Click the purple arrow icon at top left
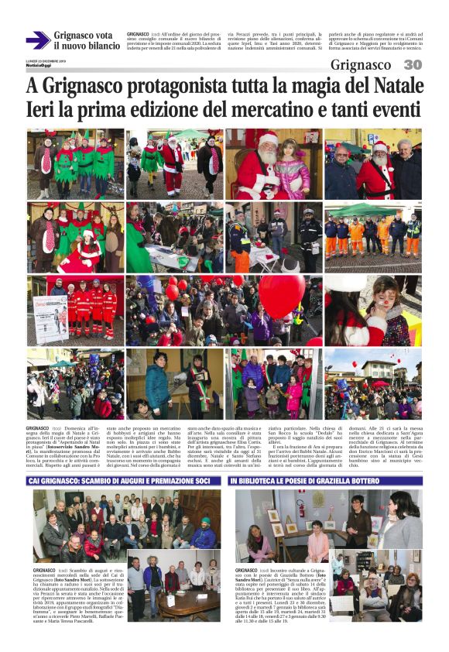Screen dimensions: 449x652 pos(38,40)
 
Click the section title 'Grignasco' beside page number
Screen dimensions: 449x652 pos(365,65)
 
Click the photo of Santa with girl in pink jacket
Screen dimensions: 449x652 pos(273,164)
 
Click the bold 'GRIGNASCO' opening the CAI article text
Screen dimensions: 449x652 pos(44,570)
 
